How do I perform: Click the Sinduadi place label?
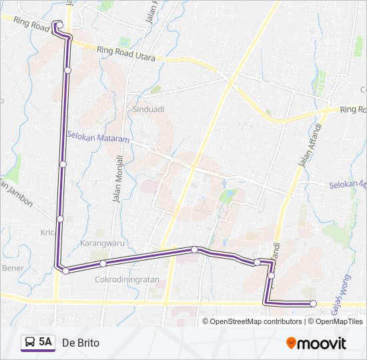[x=148, y=108]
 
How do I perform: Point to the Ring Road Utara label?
[x=125, y=53]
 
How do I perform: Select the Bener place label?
[x=13, y=267]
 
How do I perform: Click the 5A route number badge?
[x=45, y=342]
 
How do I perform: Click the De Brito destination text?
[x=81, y=343]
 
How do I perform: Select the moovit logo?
[x=316, y=343]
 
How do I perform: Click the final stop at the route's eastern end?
[x=313, y=304]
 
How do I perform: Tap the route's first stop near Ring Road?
[x=59, y=26]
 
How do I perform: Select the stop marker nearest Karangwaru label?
[x=103, y=263]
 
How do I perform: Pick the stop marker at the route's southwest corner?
[x=65, y=270]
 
